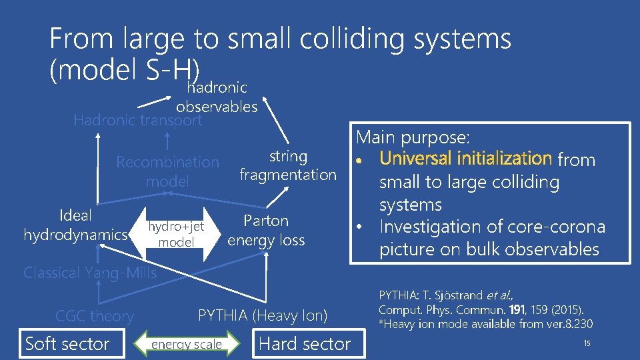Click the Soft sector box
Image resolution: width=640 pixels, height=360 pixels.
(x=67, y=344)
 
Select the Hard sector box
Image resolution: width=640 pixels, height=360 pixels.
(x=305, y=344)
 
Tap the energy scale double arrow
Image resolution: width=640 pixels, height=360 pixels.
(x=186, y=344)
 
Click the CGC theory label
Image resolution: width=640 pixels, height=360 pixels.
(x=94, y=316)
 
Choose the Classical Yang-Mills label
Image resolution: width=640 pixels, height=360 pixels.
(x=90, y=273)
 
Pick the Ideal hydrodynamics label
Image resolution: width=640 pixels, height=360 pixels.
(x=75, y=225)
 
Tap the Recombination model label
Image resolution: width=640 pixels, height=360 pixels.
(x=167, y=171)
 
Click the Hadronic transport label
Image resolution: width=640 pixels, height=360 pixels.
(x=137, y=120)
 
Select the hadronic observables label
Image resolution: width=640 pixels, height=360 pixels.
(x=217, y=97)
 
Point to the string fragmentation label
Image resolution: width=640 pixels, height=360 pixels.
(x=288, y=165)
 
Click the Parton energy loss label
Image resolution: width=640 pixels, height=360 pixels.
(x=266, y=230)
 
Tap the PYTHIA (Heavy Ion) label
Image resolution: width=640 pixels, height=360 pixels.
(x=263, y=316)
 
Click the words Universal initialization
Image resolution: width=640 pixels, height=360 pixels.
(x=465, y=159)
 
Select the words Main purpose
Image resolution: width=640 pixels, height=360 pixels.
(x=413, y=138)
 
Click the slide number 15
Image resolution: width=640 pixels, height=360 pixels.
(x=587, y=343)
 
